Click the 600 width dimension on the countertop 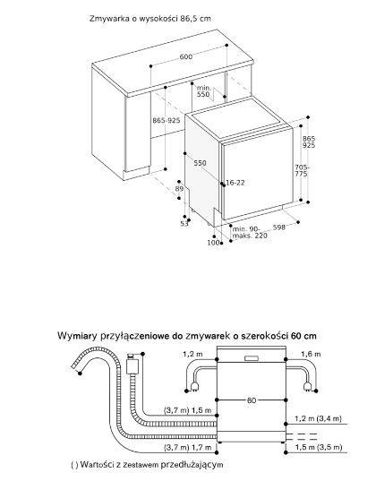[185, 57]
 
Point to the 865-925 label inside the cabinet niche [167, 119]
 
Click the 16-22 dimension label [235, 183]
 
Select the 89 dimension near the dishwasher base [179, 189]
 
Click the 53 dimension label [184, 224]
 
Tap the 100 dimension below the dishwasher [213, 243]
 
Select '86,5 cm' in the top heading [197, 18]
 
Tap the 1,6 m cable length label [309, 355]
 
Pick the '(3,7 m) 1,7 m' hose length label [189, 446]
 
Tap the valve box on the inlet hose [133, 365]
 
